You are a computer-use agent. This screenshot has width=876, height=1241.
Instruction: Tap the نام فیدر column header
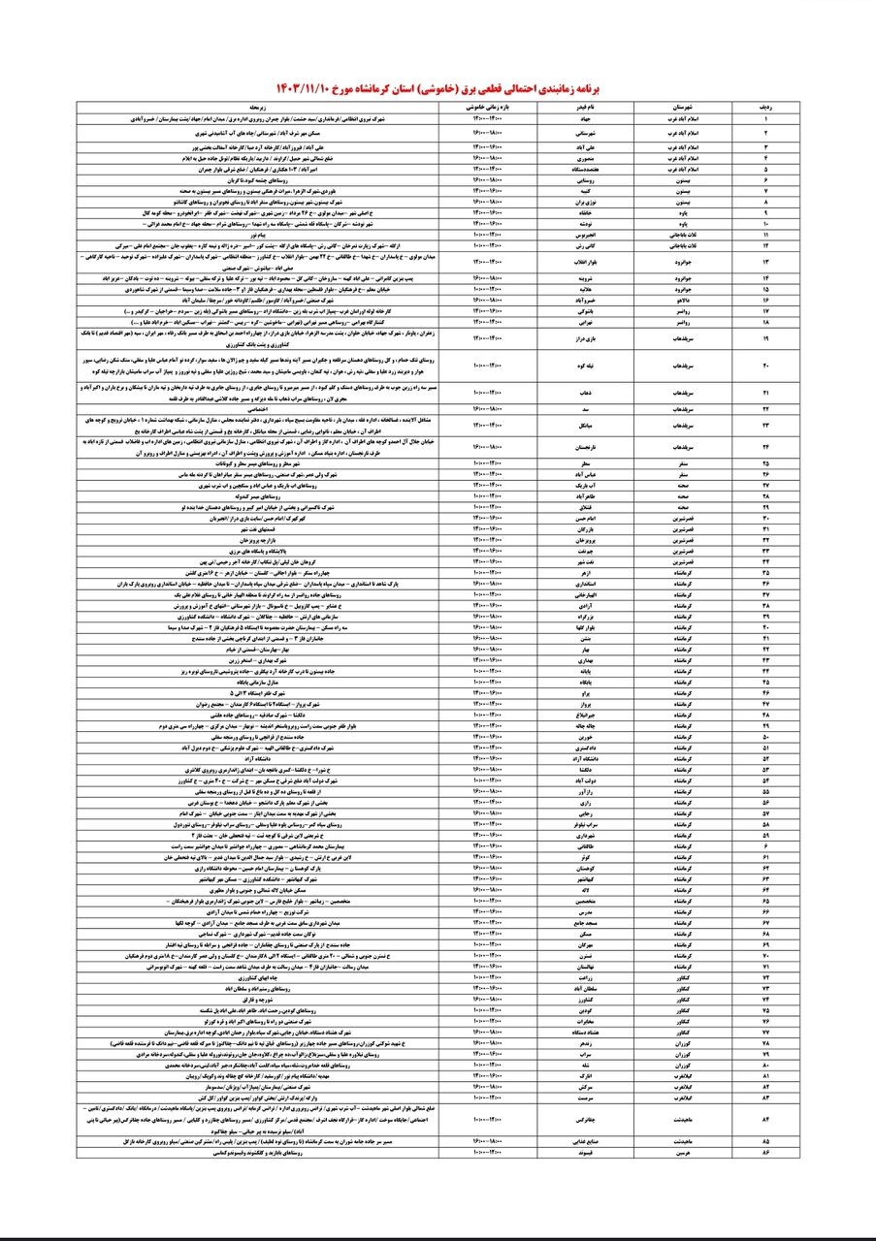point(578,109)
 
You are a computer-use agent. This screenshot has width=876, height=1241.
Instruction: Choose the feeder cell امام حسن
point(578,520)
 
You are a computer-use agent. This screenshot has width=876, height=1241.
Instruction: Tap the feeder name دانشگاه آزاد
point(578,757)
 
